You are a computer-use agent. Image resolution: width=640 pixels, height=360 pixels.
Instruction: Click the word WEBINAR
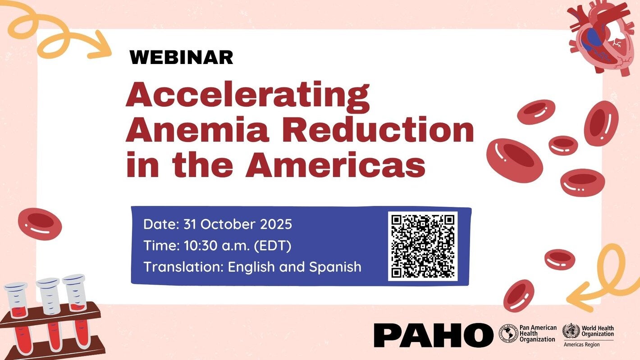tap(181, 57)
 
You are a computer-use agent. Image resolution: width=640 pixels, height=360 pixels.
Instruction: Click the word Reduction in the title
tap(378, 131)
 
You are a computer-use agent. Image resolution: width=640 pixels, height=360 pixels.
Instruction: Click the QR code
tap(423, 246)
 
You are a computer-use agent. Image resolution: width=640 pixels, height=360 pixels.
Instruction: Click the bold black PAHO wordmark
tap(433, 335)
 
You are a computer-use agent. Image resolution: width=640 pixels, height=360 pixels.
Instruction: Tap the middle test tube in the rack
tap(50, 311)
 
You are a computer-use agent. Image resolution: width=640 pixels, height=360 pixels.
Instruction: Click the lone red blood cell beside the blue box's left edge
tap(40, 223)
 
